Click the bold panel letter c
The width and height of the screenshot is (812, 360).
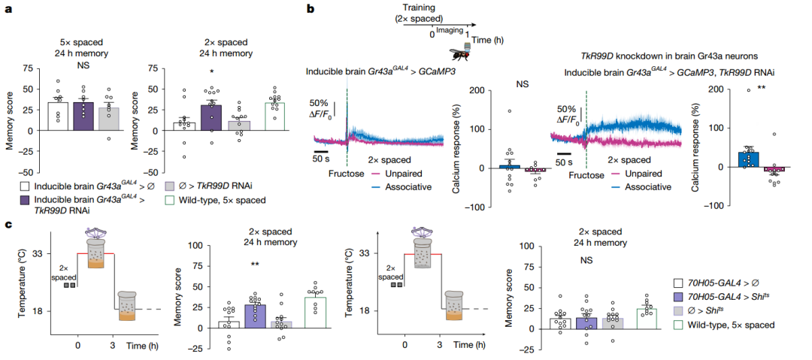pos(7,224)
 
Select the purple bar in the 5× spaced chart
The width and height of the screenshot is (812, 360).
pos(84,116)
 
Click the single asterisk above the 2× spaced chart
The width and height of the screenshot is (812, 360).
pos(212,71)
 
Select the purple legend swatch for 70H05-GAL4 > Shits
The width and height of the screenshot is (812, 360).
pos(677,297)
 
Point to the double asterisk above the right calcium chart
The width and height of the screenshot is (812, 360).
pos(762,88)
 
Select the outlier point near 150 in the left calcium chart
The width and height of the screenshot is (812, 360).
pos(510,110)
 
